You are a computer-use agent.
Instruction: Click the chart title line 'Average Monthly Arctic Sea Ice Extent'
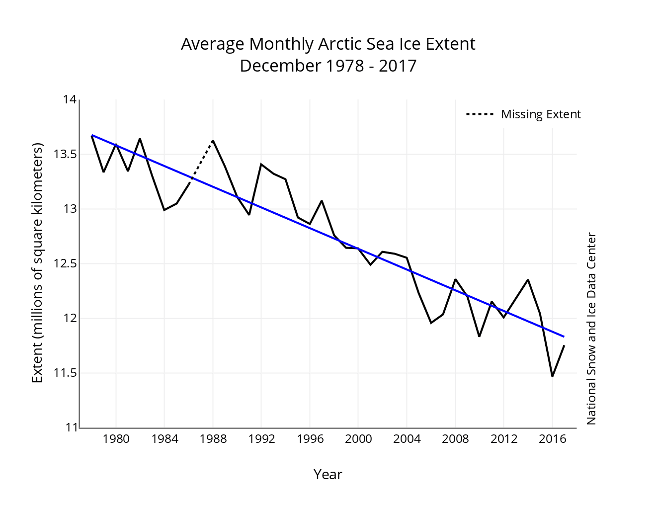point(328,44)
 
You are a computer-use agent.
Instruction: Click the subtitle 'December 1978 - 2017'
point(328,66)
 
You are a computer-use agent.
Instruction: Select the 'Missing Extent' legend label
point(541,114)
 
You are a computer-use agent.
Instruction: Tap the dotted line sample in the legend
point(480,114)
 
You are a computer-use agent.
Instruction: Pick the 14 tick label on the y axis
point(70,100)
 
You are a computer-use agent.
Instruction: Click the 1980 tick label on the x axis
point(116,439)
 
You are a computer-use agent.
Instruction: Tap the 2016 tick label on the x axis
point(552,439)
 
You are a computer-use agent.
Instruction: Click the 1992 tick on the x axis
point(261,439)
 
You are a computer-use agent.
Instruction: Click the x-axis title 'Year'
point(328,475)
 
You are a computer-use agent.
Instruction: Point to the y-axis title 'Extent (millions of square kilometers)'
point(37,263)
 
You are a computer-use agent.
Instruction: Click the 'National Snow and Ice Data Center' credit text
point(591,329)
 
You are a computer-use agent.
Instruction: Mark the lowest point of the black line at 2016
point(552,376)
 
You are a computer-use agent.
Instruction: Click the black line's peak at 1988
point(213,141)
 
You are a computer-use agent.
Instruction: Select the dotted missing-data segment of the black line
point(201,162)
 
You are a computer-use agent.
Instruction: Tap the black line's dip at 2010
point(479,336)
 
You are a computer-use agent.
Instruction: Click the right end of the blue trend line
point(564,337)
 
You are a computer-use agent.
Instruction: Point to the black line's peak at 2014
point(528,280)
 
